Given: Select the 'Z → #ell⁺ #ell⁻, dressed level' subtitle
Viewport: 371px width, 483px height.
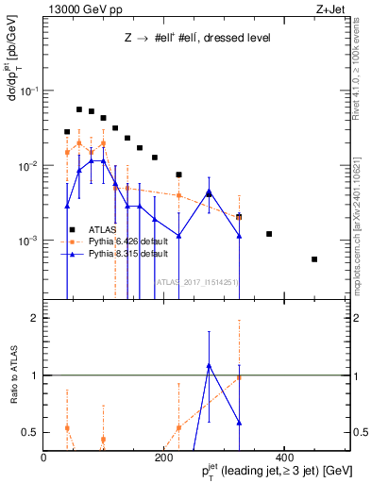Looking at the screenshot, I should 198,39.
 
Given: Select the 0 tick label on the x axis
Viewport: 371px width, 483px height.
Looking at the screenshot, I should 44,458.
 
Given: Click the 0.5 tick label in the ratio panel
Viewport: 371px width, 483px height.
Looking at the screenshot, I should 31,432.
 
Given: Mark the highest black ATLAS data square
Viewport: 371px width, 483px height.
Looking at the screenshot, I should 79,109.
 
